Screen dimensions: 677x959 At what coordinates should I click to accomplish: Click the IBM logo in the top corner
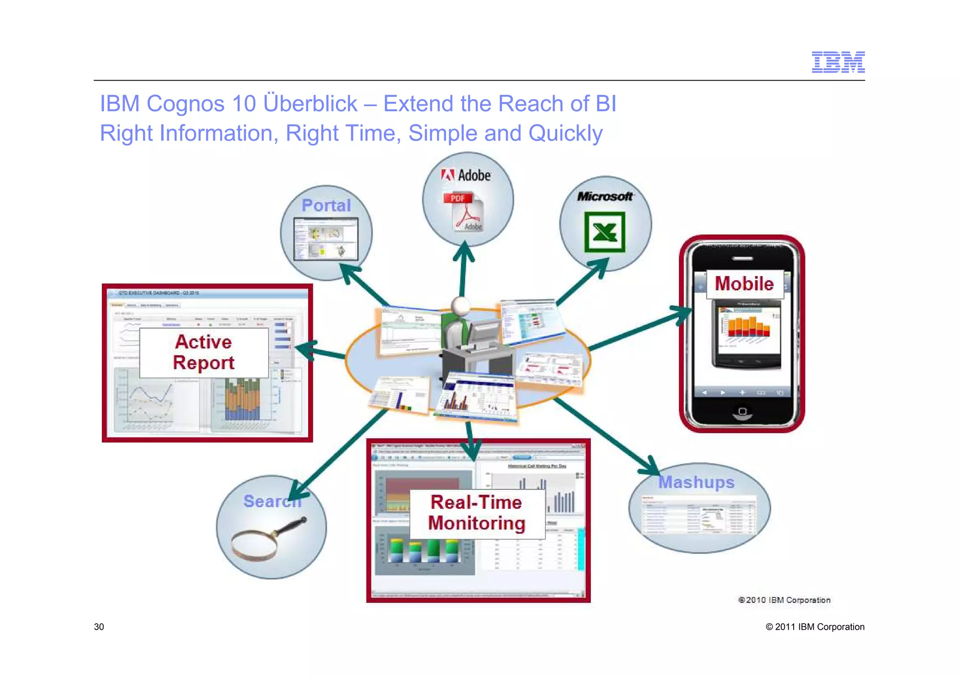tap(838, 62)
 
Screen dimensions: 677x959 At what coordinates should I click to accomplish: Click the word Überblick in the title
tap(311, 103)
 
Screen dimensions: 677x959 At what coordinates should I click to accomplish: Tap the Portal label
tap(326, 205)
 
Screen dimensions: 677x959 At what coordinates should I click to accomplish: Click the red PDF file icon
tap(463, 212)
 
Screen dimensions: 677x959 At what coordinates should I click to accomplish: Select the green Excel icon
tap(605, 232)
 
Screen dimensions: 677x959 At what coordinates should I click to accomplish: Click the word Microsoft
tap(605, 197)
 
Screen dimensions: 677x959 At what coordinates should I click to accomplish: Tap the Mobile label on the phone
tap(744, 284)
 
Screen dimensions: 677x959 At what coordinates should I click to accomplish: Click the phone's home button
tap(742, 412)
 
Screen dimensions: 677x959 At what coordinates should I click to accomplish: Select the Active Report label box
tap(204, 352)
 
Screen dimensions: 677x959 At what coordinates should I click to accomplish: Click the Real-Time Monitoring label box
tap(477, 513)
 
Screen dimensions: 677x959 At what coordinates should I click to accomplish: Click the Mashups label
tap(696, 482)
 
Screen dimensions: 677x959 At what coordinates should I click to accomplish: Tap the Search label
tap(272, 501)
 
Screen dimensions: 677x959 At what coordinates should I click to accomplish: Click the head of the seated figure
tap(461, 306)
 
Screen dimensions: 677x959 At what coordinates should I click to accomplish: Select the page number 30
tap(99, 627)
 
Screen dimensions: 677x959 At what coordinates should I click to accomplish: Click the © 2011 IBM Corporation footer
tap(815, 627)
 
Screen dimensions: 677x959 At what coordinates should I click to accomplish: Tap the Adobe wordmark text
tap(474, 175)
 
